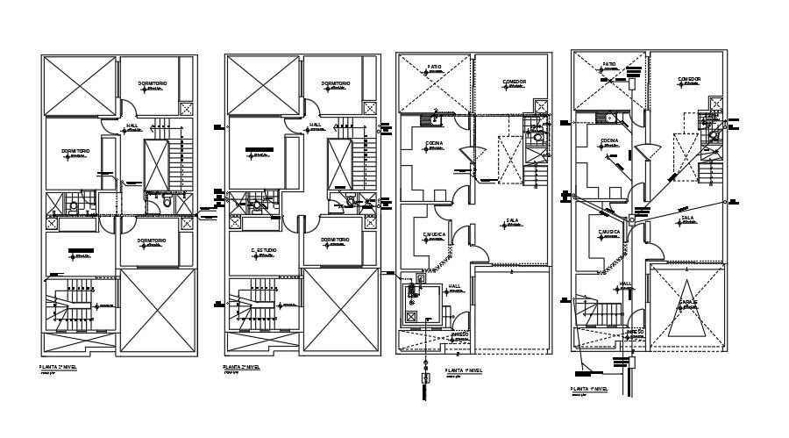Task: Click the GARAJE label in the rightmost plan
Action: [687, 303]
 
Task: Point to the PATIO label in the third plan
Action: [434, 67]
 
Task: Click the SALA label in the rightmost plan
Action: [687, 217]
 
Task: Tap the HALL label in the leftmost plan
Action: [132, 126]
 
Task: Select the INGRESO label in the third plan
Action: [461, 334]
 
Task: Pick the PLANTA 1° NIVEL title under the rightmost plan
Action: [589, 387]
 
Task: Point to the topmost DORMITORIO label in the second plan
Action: [335, 84]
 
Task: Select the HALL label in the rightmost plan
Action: [626, 283]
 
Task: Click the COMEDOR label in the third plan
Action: [514, 82]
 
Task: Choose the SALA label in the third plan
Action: [512, 220]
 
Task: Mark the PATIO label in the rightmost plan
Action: [609, 64]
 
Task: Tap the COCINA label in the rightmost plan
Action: [610, 140]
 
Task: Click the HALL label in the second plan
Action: [315, 126]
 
